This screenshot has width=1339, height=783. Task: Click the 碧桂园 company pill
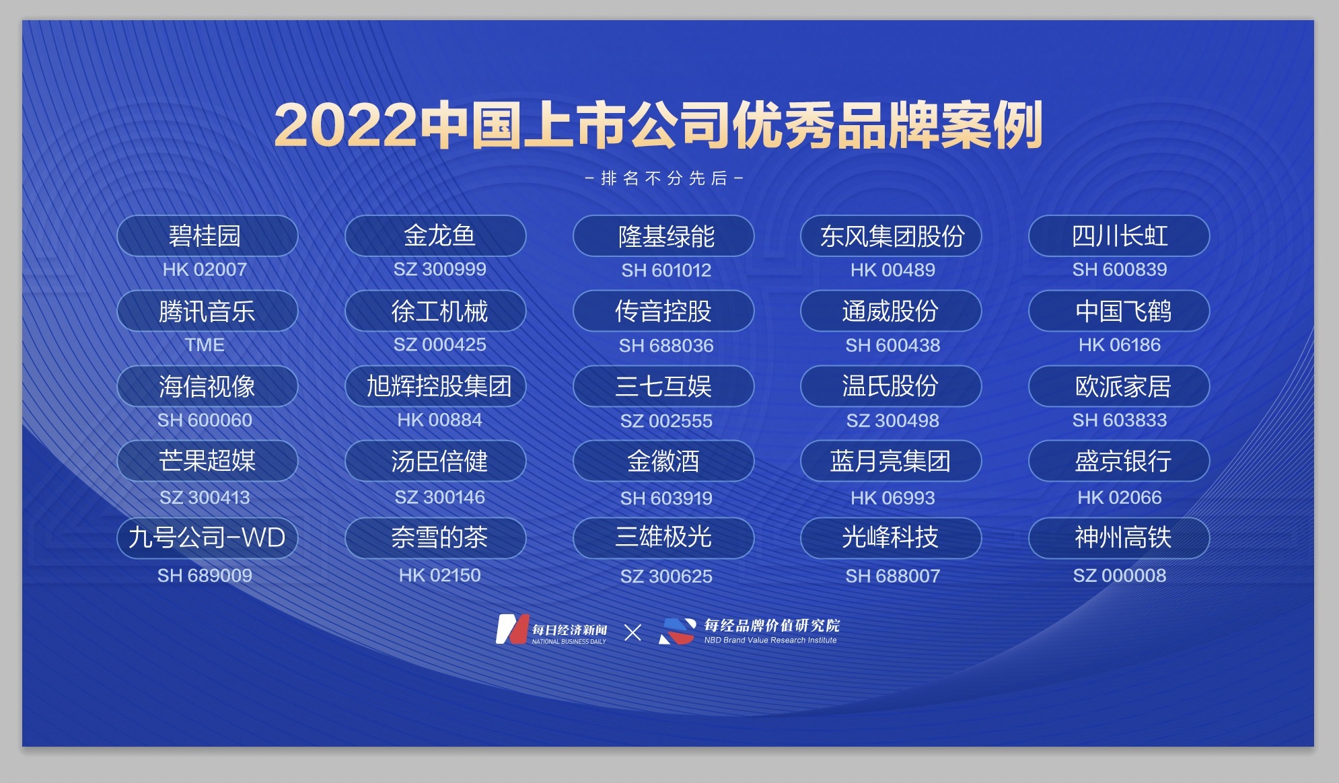[x=207, y=235]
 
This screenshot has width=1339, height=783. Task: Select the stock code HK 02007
[x=205, y=270]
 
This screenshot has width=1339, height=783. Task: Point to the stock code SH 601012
[x=666, y=270]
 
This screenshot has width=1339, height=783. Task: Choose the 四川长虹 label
[x=1119, y=235]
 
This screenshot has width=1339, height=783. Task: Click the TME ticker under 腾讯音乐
[x=205, y=345]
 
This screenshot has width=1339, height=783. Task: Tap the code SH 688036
[x=666, y=346]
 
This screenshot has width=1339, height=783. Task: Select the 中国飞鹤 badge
[x=1119, y=311]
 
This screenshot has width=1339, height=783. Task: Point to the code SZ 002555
[x=666, y=421]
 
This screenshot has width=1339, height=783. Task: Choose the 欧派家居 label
[x=1119, y=386]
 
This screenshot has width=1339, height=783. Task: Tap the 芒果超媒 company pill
[x=207, y=461]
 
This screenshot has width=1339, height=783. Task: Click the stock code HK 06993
[x=892, y=498]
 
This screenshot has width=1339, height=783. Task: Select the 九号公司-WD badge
[x=207, y=537]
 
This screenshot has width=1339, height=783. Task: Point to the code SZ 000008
[x=1119, y=576]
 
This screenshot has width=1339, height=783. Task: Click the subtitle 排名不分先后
[x=664, y=178]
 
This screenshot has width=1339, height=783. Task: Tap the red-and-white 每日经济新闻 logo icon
[x=511, y=630]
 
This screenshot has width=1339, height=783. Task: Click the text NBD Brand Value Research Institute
[x=770, y=640]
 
